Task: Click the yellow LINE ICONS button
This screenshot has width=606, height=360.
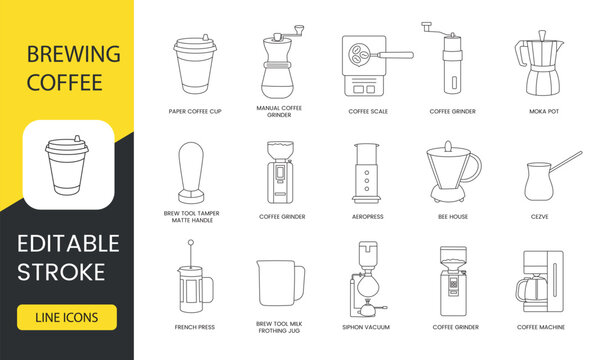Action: (67, 317)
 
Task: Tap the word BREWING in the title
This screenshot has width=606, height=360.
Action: (73, 54)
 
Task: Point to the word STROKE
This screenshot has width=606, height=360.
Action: (61, 272)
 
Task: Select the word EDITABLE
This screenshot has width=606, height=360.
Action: (68, 243)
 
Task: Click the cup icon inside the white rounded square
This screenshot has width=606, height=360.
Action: (67, 165)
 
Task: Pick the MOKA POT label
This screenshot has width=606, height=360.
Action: (544, 111)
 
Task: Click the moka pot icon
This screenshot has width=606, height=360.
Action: (539, 63)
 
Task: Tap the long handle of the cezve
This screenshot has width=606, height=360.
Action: (566, 162)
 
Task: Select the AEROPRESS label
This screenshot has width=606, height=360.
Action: (368, 217)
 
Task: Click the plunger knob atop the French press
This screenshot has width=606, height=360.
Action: (191, 242)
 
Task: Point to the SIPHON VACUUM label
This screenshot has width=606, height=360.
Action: (366, 327)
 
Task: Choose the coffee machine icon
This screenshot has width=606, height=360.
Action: (540, 281)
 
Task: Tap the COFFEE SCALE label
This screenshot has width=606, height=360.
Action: (368, 111)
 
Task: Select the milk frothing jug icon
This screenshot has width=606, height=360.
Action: (281, 283)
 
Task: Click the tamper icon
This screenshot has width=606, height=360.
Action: (191, 172)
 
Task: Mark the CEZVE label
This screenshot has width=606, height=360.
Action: (540, 217)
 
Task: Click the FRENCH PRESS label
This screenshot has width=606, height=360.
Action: (194, 327)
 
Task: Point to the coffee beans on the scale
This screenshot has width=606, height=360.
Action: (358, 54)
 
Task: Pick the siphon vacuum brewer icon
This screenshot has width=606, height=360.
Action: (367, 279)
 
